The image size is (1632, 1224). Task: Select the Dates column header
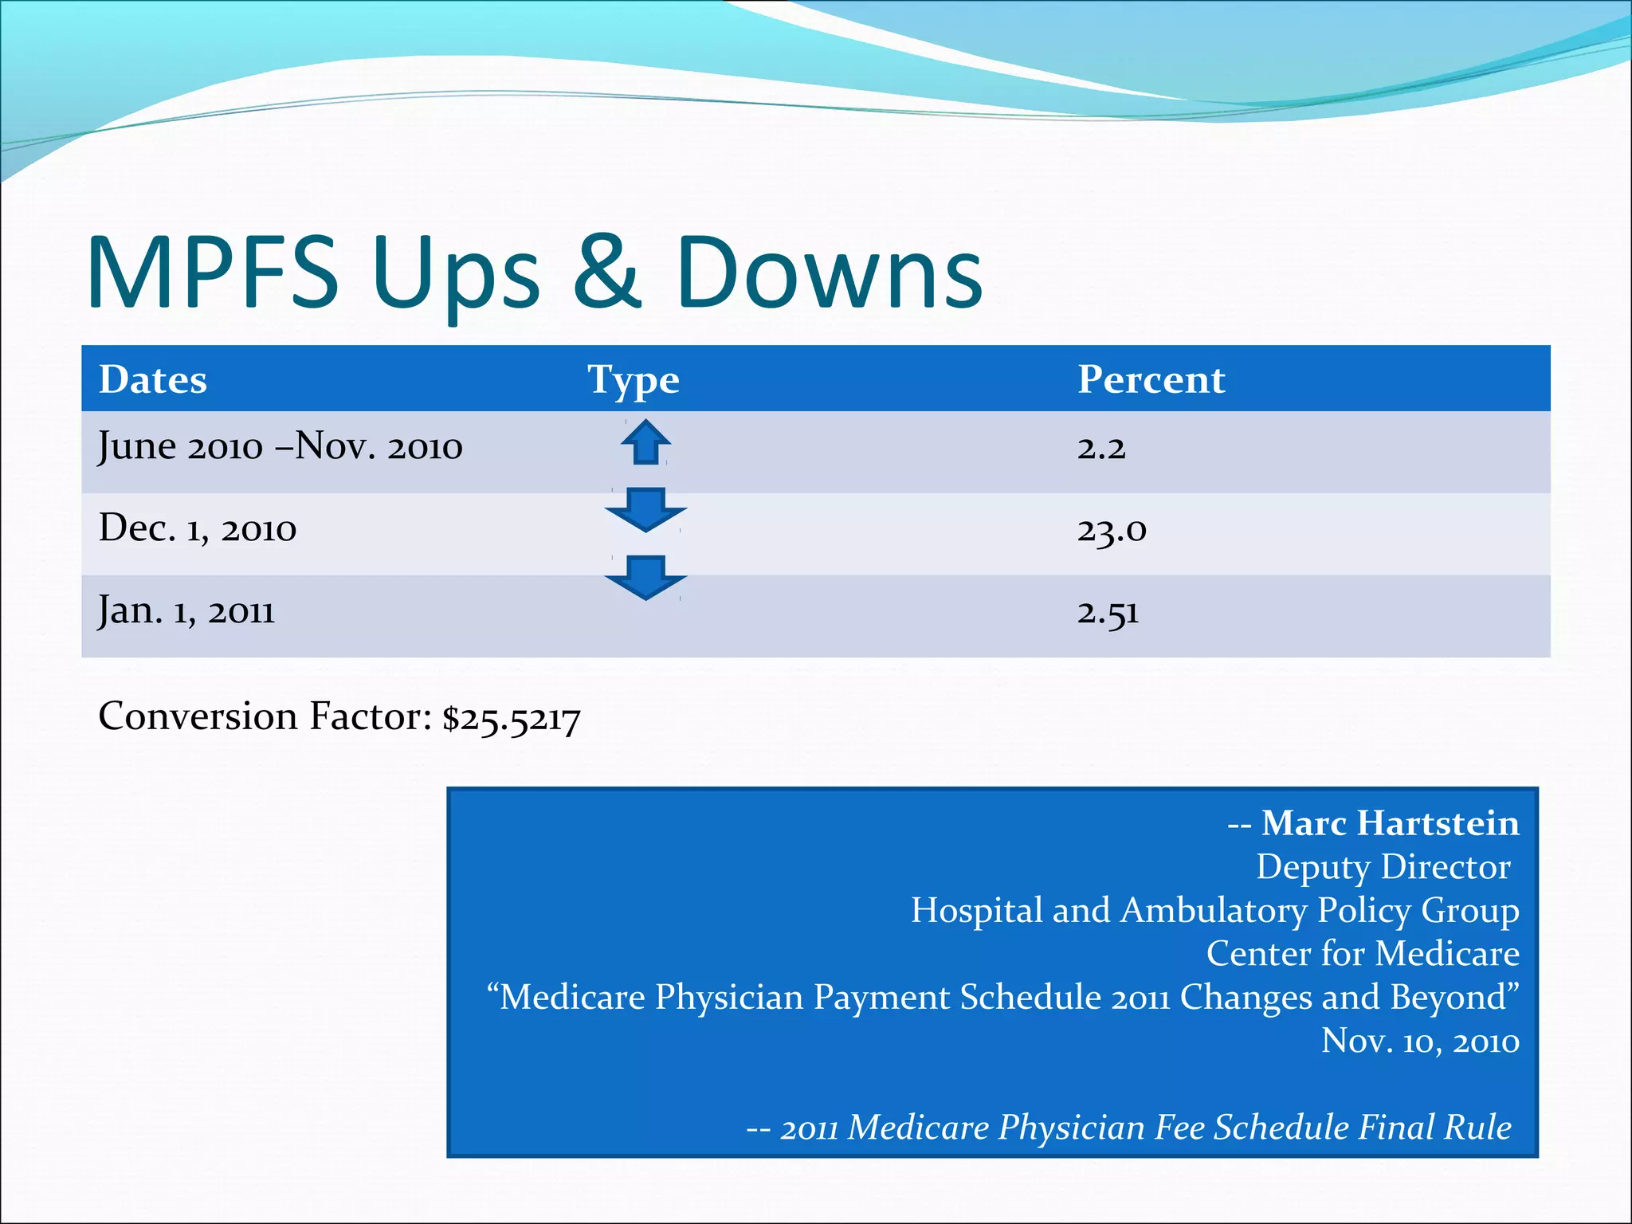[x=153, y=379]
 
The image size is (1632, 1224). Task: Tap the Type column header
[x=634, y=380]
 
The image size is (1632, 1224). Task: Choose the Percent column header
[x=1151, y=379]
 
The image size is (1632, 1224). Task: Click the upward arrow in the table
[x=645, y=441]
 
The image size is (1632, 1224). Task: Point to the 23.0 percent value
[x=1112, y=530]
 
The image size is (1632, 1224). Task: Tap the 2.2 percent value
[x=1101, y=448]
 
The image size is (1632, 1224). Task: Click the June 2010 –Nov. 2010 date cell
[x=280, y=446]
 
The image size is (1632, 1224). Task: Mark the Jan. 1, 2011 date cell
[x=186, y=611]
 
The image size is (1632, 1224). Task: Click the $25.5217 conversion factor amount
[x=512, y=719]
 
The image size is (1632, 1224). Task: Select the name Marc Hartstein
[x=1390, y=823]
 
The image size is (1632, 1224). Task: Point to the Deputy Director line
[x=1383, y=867]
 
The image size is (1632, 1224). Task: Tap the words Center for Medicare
[x=1363, y=954]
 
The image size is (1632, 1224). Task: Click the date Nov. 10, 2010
[x=1420, y=1041]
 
